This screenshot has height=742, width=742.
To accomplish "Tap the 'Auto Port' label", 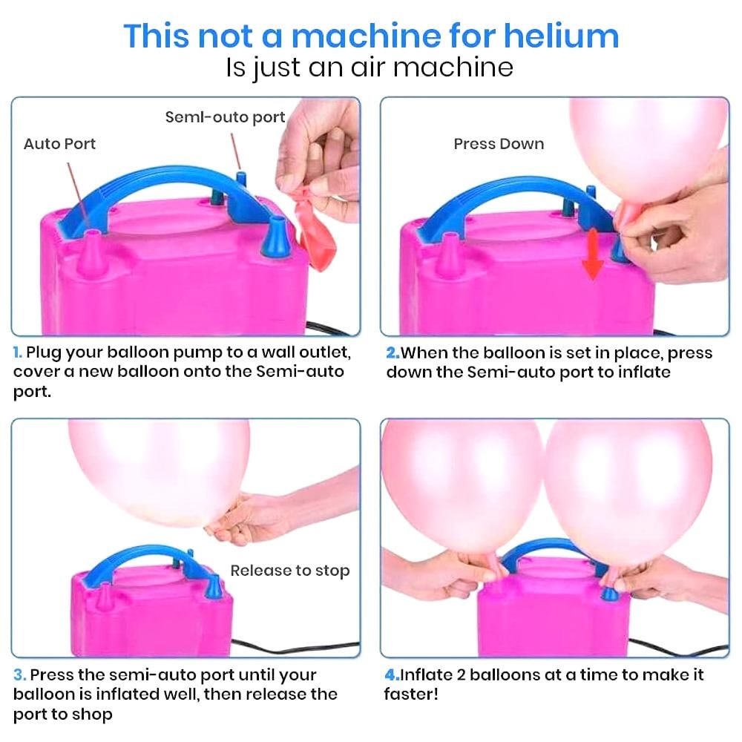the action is coord(59,144).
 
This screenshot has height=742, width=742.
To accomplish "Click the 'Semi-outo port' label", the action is coord(226,117).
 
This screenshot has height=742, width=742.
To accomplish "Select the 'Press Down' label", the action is coord(499,144).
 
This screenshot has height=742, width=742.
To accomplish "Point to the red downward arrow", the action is coord(592,253).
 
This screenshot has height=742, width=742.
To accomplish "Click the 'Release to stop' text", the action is coord(290,571).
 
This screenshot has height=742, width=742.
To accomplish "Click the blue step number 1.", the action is coord(17,352).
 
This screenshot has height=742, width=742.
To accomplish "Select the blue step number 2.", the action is coord(393,353).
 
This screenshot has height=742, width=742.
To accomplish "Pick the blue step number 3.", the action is coord(19,675).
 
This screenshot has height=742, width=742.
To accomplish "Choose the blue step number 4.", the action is coord(392,674).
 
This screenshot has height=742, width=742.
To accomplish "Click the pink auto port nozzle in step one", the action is coord(92,253).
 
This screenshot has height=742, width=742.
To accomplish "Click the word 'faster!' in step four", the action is coord(411,695).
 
